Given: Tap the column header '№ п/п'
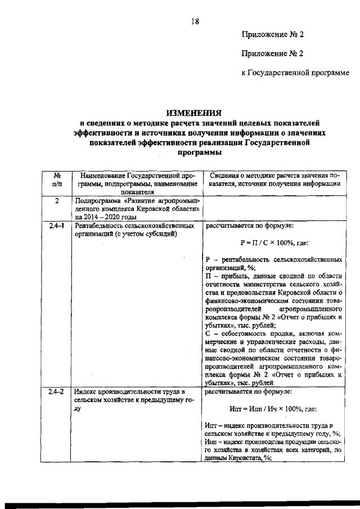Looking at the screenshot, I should [x=57, y=179].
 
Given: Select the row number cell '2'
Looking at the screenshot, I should [x=57, y=201].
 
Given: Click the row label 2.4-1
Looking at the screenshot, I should [x=57, y=226].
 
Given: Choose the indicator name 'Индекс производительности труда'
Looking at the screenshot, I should [x=129, y=391].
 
